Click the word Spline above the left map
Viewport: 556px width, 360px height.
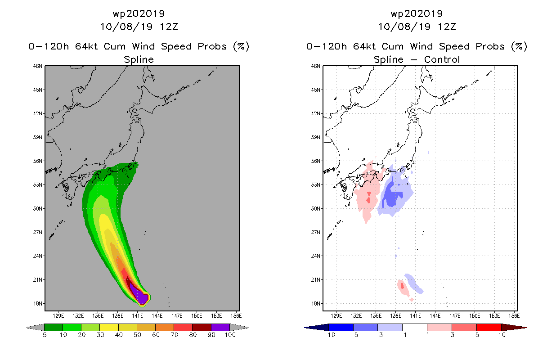click(x=139, y=60)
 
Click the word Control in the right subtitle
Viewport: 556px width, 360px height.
click(x=442, y=59)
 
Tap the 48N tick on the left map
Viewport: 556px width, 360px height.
click(x=38, y=66)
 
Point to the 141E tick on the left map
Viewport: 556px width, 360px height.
click(x=137, y=316)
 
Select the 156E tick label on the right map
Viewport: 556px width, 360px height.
click(x=514, y=316)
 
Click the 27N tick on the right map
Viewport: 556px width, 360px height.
click(x=316, y=232)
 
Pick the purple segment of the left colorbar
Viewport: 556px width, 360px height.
click(x=221, y=327)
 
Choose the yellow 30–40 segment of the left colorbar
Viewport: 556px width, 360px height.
click(x=109, y=327)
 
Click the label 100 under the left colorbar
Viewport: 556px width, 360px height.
click(x=230, y=335)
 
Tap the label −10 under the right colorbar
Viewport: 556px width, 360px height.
click(x=329, y=335)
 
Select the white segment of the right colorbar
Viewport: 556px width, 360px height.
click(x=415, y=327)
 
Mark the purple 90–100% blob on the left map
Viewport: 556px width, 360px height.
click(x=140, y=295)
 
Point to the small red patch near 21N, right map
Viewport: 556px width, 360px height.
click(x=402, y=286)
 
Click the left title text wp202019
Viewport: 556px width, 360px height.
click(x=139, y=13)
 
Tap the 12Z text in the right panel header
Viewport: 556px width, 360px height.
click(x=447, y=27)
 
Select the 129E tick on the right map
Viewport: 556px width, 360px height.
click(x=336, y=316)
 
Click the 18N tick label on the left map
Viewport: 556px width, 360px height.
click(x=38, y=304)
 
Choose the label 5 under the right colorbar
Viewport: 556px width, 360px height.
click(x=477, y=335)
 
